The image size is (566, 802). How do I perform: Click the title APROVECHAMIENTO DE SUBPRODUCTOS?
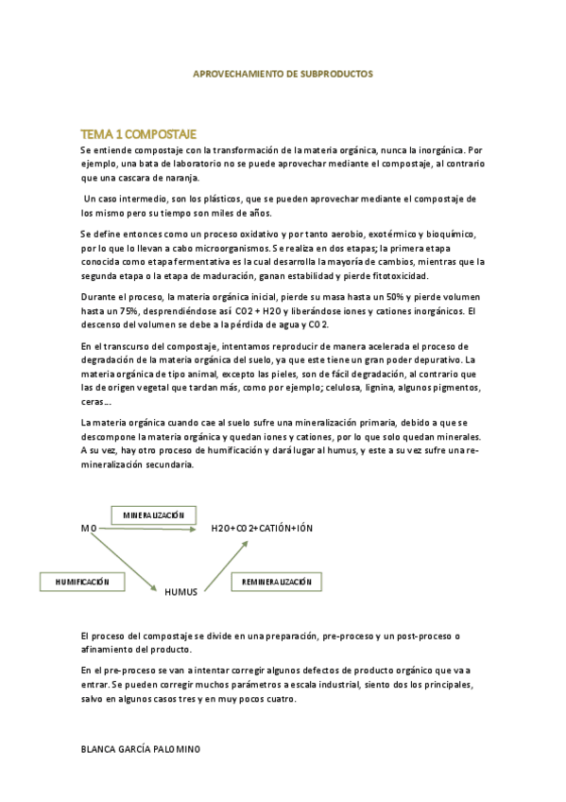click(283, 73)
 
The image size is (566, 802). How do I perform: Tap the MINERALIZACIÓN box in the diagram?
click(154, 515)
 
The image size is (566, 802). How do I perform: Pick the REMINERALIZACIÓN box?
click(276, 582)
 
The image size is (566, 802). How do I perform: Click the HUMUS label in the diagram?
click(180, 592)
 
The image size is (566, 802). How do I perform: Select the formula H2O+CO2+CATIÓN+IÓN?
click(262, 529)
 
